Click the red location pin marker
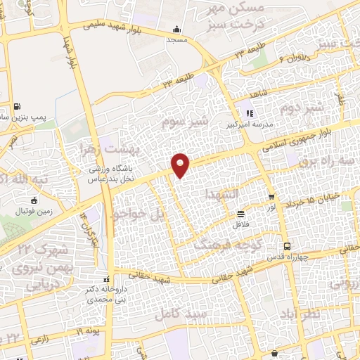click(x=181, y=165)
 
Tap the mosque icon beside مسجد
click(x=176, y=29)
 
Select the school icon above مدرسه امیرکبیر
click(x=247, y=112)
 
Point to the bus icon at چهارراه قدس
click(x=287, y=246)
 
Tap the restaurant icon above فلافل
click(x=241, y=214)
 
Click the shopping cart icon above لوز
click(x=271, y=198)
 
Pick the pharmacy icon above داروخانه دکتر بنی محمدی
click(x=106, y=277)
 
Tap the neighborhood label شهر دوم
click(x=302, y=108)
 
